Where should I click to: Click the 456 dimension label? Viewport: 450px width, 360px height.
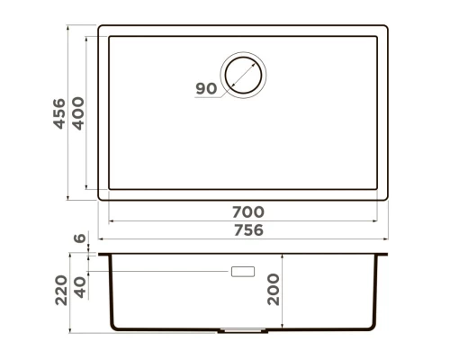point(59,113)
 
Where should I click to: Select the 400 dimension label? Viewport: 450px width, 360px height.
point(78,113)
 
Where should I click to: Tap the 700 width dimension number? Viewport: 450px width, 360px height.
point(248,212)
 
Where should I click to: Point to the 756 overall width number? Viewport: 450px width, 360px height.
point(248,230)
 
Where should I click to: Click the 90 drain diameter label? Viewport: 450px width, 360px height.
point(206,88)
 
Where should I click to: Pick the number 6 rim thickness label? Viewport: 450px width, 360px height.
point(80,238)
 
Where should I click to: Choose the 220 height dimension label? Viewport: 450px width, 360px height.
point(61,290)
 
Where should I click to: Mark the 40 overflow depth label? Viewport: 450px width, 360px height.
point(80,287)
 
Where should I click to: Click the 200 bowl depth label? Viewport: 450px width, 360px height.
point(274,290)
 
